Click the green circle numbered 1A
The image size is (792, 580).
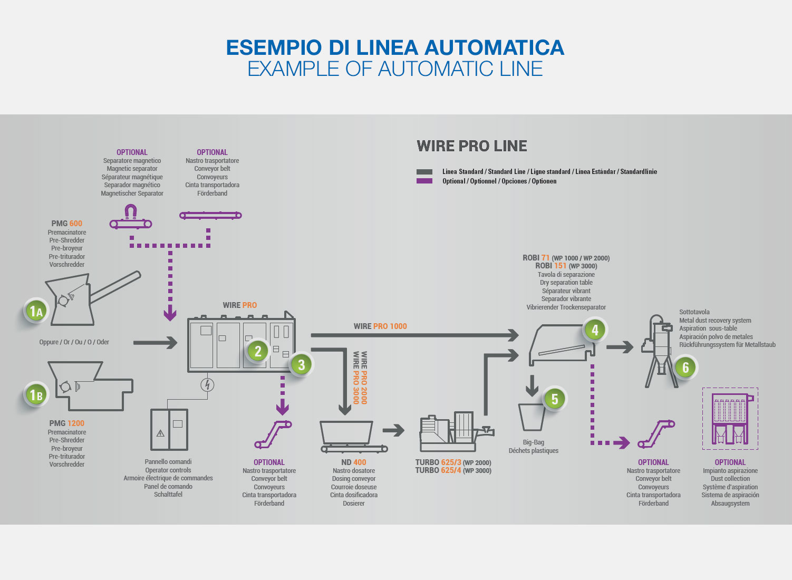36,311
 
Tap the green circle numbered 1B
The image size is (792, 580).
36,394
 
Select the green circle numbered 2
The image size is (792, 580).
258,351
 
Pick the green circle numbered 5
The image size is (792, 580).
554,399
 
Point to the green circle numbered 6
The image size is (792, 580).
685,368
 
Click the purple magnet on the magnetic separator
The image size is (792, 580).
130,212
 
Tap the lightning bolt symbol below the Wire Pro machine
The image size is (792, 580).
207,385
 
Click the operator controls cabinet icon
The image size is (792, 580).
169,429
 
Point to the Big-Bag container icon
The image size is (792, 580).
532,417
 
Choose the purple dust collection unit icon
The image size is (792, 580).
730,419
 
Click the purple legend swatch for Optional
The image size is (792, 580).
424,181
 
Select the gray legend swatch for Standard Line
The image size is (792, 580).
424,172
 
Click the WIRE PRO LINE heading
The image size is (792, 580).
471,146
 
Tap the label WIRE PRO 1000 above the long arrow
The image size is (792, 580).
380,326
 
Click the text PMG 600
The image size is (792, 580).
66,224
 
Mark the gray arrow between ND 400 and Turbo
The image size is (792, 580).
393,430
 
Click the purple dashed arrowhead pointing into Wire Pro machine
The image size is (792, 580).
170,315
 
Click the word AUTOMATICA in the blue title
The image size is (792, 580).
494,47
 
